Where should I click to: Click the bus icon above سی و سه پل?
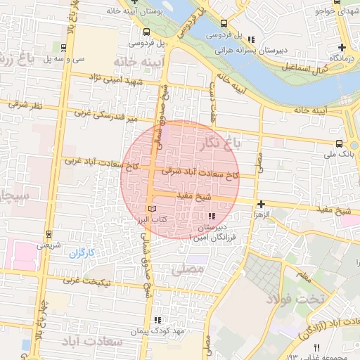65,49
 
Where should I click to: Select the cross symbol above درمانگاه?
341,46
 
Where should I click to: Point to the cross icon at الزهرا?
261,203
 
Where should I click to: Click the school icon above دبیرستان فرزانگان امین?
212,216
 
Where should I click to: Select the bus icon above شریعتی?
49,234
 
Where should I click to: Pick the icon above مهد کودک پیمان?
167,320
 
